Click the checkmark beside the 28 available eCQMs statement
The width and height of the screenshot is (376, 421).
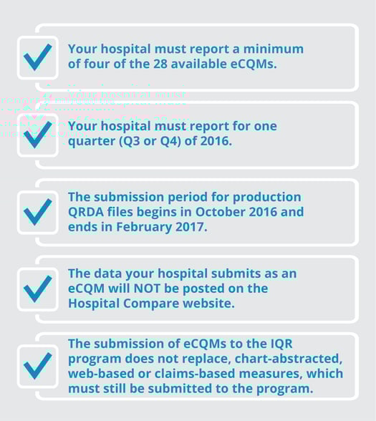(37, 57)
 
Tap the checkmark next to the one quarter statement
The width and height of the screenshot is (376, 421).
(37, 133)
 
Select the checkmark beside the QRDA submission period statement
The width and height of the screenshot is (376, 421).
(37, 211)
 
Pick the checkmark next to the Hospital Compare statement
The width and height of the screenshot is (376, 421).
(37, 289)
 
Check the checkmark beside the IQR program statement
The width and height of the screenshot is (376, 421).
(37, 365)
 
